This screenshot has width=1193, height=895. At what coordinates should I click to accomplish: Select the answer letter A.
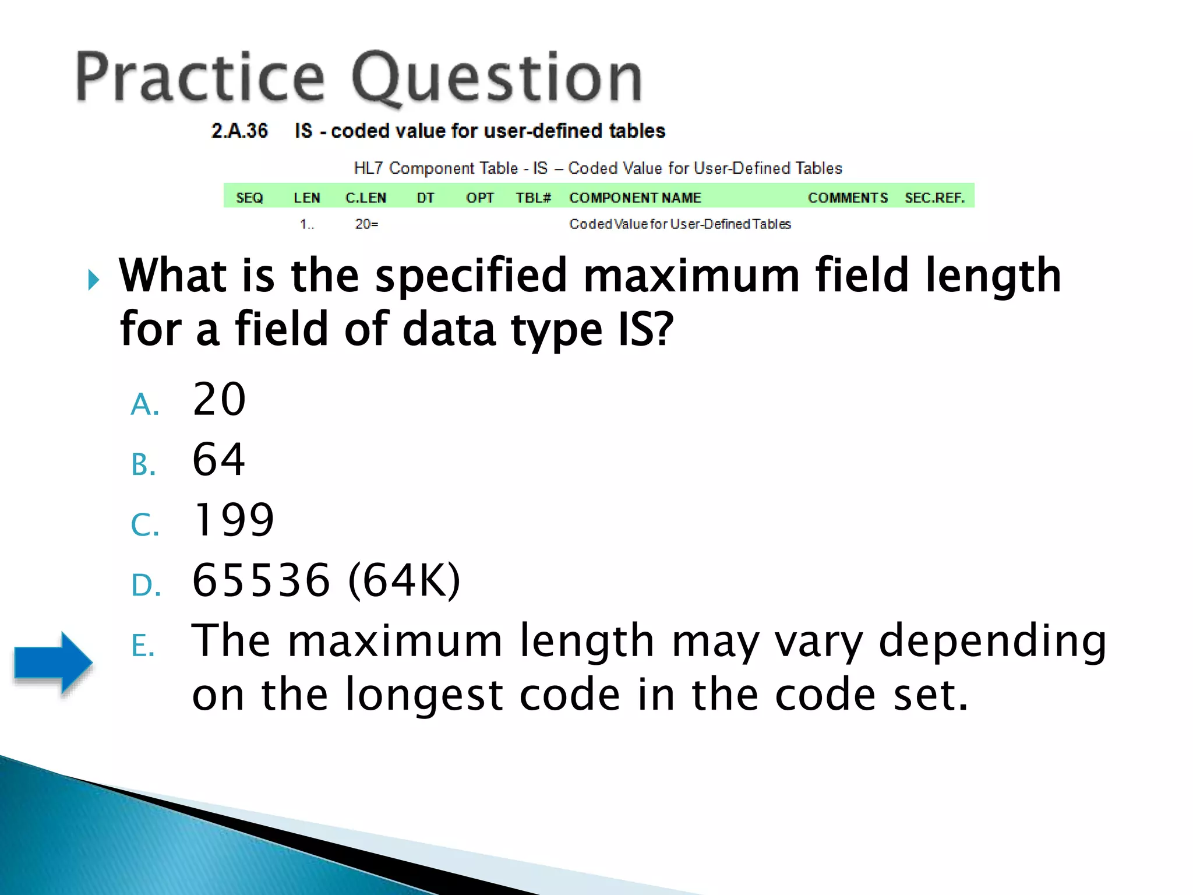coord(144,404)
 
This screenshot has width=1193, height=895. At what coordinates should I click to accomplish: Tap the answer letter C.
coord(144,524)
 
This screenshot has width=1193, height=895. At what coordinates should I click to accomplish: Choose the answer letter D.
coord(146,585)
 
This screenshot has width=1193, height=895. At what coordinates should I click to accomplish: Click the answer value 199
coord(233,519)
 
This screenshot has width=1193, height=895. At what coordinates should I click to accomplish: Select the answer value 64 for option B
coord(219,459)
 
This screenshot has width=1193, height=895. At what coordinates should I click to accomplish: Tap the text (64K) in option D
coord(404,580)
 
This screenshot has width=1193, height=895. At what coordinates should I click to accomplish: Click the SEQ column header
coord(249,198)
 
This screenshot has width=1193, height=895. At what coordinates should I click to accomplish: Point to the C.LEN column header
coord(366,198)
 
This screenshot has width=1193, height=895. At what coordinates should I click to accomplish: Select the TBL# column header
coord(533,198)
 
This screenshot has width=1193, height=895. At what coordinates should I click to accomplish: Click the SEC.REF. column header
coord(934,198)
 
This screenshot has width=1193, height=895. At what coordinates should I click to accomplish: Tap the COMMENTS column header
coord(848,198)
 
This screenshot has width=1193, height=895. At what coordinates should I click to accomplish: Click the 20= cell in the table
coord(366,224)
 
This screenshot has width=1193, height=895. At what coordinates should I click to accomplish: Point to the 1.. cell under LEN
coord(306,224)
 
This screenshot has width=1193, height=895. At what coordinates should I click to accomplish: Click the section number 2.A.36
coord(239,131)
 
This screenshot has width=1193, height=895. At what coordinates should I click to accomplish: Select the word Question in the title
coord(496,78)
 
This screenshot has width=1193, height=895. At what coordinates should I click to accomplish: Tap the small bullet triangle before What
coord(93,280)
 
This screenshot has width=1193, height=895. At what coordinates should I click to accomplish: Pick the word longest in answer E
coord(423,695)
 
